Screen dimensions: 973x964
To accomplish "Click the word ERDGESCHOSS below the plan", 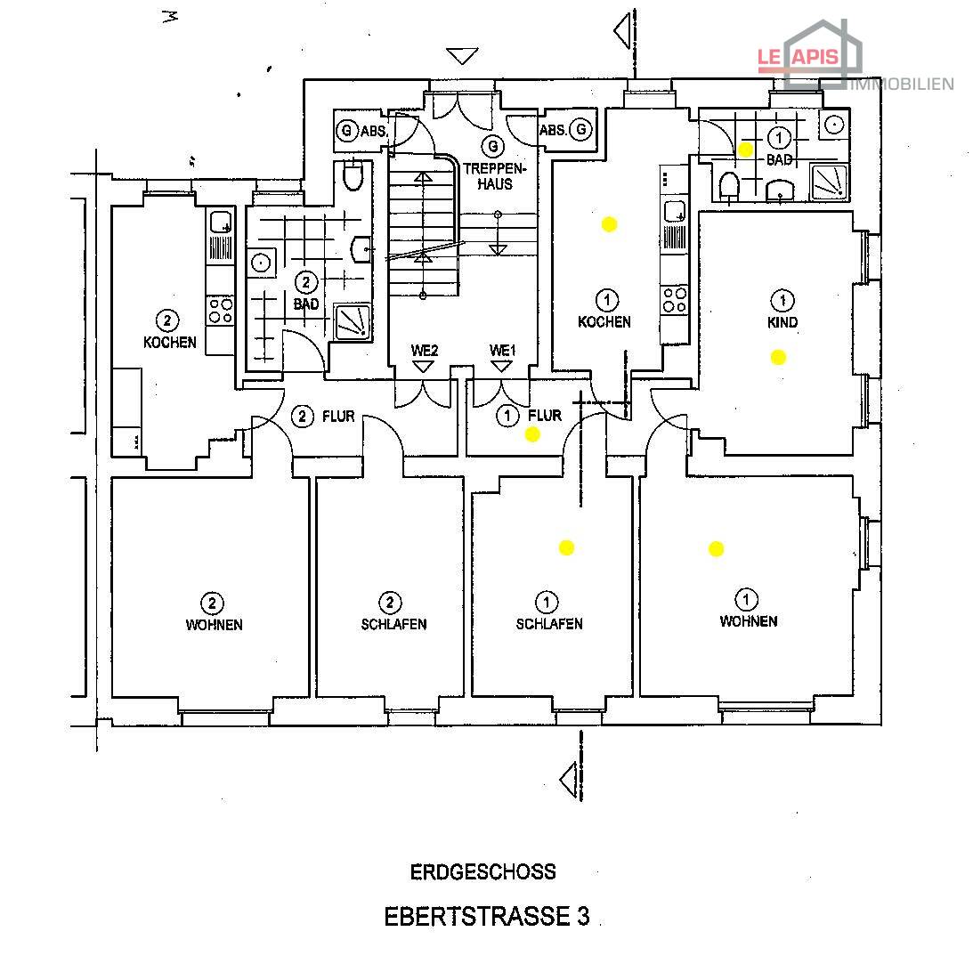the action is tap(482, 871).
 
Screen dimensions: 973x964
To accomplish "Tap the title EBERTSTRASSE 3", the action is tap(486, 916).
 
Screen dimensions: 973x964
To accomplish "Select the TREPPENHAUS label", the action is tap(495, 176).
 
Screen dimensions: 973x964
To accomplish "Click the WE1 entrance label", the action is tap(502, 351).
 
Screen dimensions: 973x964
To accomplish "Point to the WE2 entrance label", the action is tap(425, 351).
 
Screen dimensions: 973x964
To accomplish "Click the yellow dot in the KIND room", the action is tap(778, 357).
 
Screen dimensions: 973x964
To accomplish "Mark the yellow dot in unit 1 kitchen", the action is tap(610, 224).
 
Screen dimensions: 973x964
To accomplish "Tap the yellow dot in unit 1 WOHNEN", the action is tap(716, 548).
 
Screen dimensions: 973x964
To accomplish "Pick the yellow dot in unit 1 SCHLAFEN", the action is tap(566, 547).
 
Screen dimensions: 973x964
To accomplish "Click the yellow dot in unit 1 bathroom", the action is tap(745, 150).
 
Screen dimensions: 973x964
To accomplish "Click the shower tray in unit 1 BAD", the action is tap(830, 182).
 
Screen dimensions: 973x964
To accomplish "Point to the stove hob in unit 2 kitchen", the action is tap(220, 311).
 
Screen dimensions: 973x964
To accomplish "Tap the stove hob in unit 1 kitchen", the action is tap(675, 299).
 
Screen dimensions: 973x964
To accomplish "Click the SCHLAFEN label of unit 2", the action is tap(394, 624).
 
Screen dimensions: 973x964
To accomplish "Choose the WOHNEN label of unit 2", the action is tap(214, 625).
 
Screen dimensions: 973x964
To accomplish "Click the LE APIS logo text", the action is tap(798, 58).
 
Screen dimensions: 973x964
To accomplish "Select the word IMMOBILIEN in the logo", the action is tap(902, 85).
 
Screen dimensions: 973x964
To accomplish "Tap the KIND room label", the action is tap(782, 322).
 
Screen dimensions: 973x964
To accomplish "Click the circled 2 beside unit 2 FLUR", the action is tap(302, 416).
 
